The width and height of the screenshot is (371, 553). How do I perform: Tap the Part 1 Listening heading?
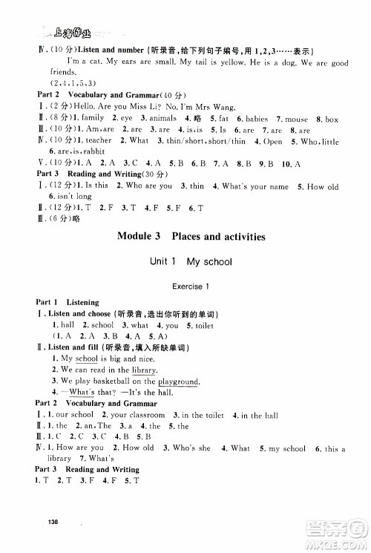tap(62, 303)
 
